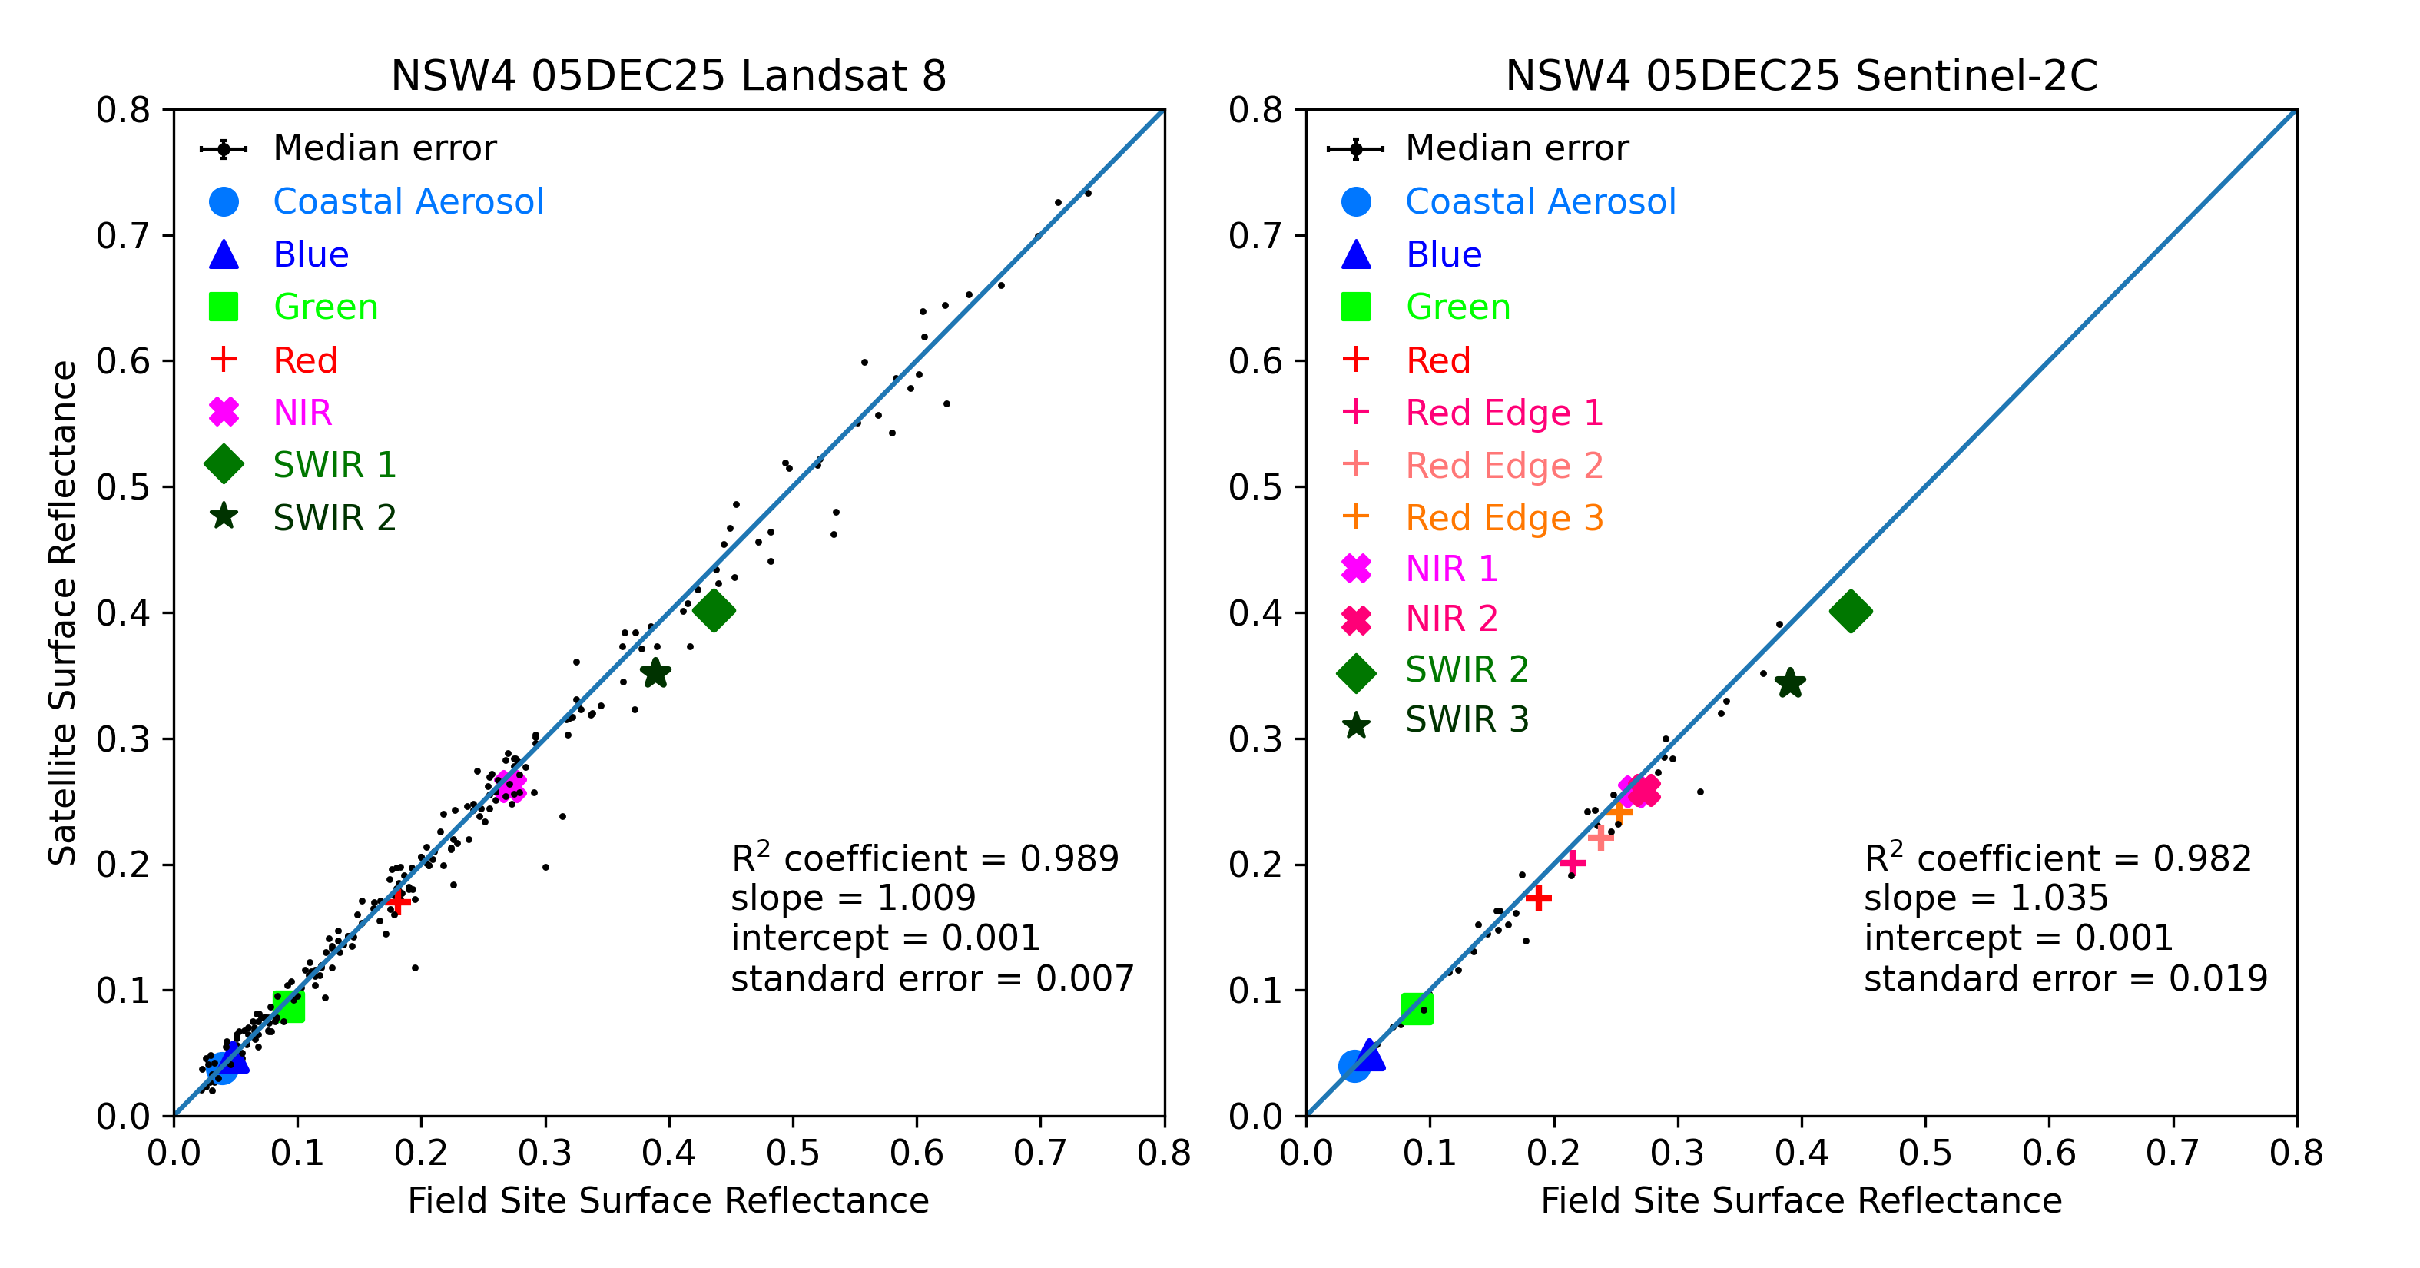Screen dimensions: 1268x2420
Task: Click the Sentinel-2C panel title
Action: [x=1801, y=75]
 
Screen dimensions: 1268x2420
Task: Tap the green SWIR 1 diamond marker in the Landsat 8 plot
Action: [x=714, y=611]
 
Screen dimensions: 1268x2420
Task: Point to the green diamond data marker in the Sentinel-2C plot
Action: [x=1851, y=611]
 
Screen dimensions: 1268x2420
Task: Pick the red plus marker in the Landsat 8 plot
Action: [x=397, y=901]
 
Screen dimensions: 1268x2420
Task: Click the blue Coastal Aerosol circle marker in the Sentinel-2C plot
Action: [x=1354, y=1065]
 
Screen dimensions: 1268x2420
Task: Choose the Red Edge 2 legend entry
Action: [x=1503, y=465]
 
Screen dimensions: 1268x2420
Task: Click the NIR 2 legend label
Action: [x=1451, y=619]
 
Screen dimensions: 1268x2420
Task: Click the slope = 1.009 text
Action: [x=853, y=898]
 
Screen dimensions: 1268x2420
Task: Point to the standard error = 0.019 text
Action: [x=2065, y=978]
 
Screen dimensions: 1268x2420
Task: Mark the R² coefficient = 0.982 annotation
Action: [x=2057, y=858]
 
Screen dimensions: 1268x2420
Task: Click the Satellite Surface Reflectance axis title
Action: [x=62, y=612]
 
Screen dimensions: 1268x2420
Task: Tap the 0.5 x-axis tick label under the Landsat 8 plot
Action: [x=792, y=1153]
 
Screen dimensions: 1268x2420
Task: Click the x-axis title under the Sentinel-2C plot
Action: [x=1801, y=1200]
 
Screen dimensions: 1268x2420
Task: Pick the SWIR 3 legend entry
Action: [x=1467, y=720]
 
